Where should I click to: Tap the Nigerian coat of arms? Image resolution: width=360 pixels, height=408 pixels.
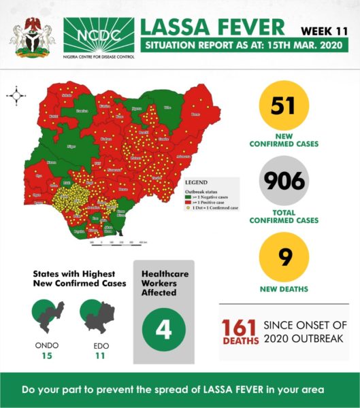coord(32,37)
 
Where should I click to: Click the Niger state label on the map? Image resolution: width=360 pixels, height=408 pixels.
coord(70,146)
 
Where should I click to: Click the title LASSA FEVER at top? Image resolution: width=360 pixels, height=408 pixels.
coord(212,27)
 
